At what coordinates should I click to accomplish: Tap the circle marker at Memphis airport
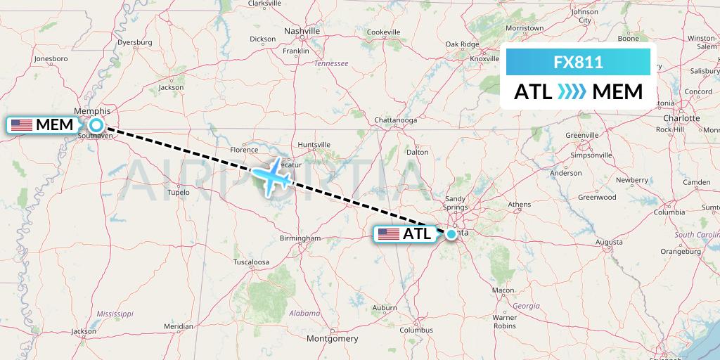pos(96,125)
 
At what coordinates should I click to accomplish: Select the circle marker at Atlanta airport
pos(451,233)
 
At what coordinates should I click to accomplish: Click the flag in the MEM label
pos(22,125)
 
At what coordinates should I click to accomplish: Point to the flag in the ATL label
pos(388,234)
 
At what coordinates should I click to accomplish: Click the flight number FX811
pos(578,62)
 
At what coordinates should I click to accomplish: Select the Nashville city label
pos(302,31)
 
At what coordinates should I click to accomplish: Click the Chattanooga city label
pos(396,120)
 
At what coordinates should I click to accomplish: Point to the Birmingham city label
pos(300,238)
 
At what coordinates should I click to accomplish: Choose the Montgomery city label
pos(333,338)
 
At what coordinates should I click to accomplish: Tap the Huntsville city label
pos(314,145)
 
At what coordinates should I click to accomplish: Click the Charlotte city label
pos(681,118)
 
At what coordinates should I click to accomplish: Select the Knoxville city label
pos(484,59)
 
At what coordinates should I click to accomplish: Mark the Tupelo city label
pos(178,191)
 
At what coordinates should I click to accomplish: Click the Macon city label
pos(503,290)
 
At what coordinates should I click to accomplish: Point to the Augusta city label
pos(608,242)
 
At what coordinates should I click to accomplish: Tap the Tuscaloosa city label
pos(251,262)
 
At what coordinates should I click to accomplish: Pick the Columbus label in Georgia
pos(416,329)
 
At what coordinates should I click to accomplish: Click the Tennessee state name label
pos(331,63)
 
